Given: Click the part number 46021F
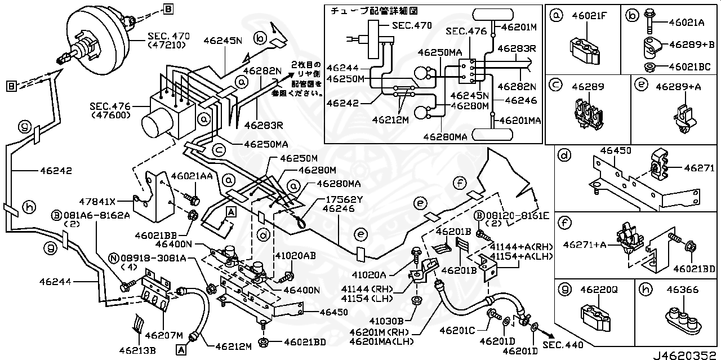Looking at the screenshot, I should pyautogui.click(x=591, y=16).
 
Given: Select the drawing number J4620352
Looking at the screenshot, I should pyautogui.click(x=686, y=355).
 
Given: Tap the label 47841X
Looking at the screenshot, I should pyautogui.click(x=97, y=201).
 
